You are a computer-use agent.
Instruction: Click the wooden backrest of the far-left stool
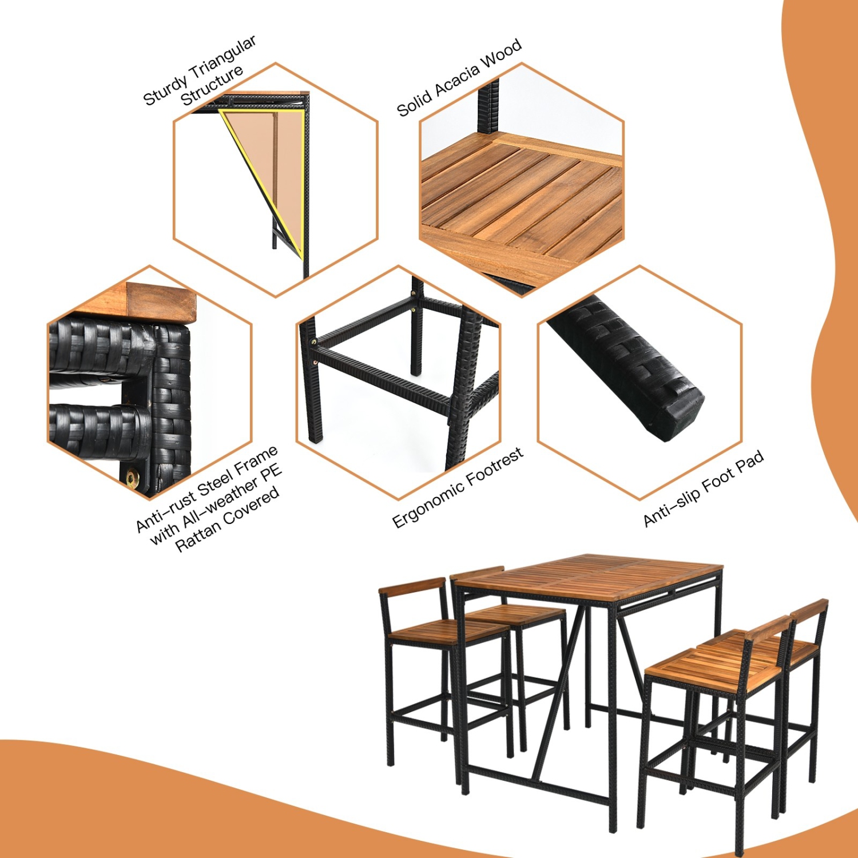pyautogui.click(x=412, y=586)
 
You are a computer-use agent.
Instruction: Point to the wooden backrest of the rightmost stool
pyautogui.click(x=810, y=610)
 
